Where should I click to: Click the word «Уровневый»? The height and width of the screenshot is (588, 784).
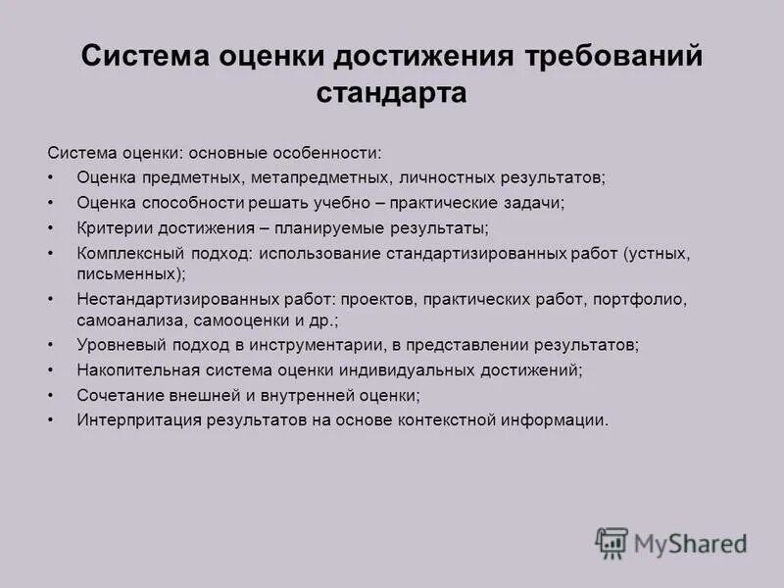point(115,345)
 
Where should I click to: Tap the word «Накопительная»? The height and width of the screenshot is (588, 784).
point(131,370)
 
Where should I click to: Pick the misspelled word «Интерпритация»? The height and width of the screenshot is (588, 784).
point(136,420)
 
